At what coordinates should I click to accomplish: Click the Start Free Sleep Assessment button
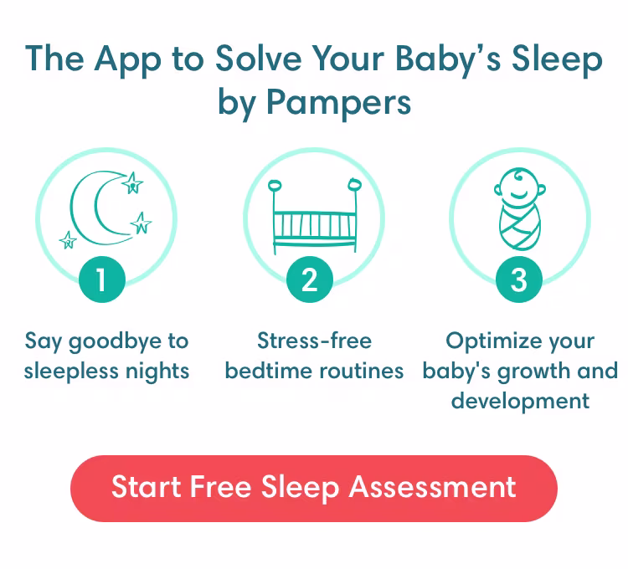tap(313, 488)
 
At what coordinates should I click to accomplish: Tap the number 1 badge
tap(102, 279)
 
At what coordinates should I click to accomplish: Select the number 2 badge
tap(310, 279)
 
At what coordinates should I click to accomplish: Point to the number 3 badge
tap(518, 279)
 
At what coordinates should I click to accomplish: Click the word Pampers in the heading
tap(340, 102)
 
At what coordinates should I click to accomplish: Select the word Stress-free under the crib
tap(314, 341)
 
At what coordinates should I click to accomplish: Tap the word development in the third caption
tap(520, 399)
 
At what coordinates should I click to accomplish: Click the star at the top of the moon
tap(131, 182)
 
